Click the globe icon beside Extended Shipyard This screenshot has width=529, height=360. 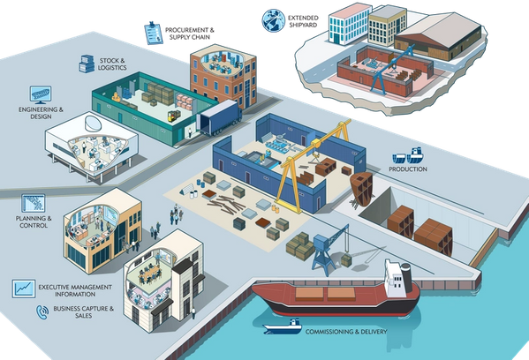(x=273, y=21)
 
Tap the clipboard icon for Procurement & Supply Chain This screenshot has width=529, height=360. (x=154, y=33)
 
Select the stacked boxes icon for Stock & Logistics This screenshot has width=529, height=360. (x=87, y=64)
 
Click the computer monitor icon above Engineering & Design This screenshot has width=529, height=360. (x=41, y=94)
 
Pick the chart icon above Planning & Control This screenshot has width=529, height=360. (x=33, y=203)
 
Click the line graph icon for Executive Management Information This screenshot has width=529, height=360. (x=24, y=289)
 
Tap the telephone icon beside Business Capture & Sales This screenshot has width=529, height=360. (x=42, y=312)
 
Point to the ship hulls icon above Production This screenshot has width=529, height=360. (x=408, y=155)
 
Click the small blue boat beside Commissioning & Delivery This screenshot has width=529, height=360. (x=283, y=326)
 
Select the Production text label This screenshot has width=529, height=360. (x=408, y=169)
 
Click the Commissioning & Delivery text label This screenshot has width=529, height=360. (x=346, y=332)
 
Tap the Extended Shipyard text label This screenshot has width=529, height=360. (x=303, y=21)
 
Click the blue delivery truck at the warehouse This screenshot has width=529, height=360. (x=219, y=117)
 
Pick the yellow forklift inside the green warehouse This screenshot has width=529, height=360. (x=174, y=116)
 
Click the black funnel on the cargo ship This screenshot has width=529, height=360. (x=406, y=277)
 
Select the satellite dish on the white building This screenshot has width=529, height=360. (x=93, y=124)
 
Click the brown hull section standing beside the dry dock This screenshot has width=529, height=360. (x=361, y=189)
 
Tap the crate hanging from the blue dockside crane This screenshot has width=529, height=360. (x=346, y=260)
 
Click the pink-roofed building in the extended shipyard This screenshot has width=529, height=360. (x=349, y=24)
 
